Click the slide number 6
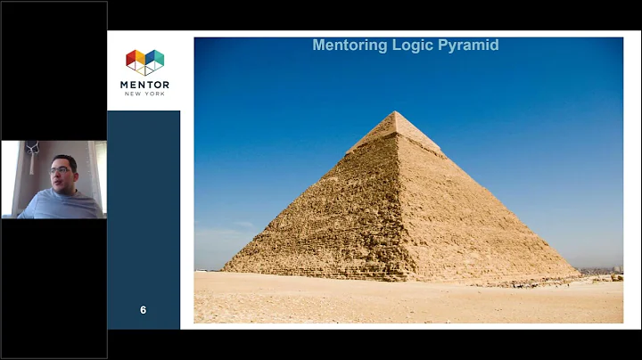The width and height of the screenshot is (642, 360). [x=143, y=310]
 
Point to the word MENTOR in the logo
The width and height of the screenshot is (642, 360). [x=144, y=84]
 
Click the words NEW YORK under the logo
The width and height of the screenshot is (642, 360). [x=144, y=94]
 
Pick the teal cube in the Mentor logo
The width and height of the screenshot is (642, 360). [x=155, y=59]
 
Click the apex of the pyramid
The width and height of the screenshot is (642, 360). [x=394, y=112]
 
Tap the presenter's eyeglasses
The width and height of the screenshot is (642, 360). [x=62, y=169]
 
